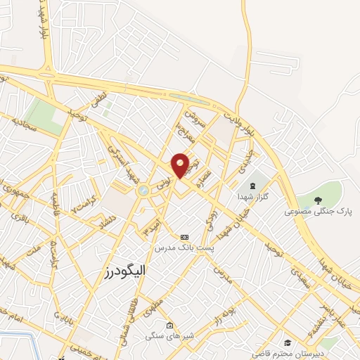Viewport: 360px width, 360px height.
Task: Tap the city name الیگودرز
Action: tap(114, 271)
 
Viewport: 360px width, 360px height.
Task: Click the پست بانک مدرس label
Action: tap(186, 248)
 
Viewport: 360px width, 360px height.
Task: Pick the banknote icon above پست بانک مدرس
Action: tap(185, 237)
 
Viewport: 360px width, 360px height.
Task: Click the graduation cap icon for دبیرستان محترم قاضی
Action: tap(288, 343)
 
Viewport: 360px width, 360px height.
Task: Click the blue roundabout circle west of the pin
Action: tap(143, 191)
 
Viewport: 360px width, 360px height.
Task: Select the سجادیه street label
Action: tap(23, 124)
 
